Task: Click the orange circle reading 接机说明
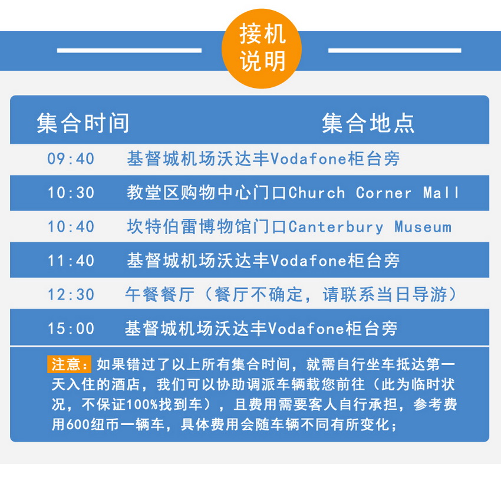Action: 261,48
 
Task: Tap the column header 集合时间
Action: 83,123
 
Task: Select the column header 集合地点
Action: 368,123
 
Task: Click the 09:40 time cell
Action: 71,159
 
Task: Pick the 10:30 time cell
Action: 71,193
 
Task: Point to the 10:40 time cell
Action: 71,227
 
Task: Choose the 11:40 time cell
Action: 71,261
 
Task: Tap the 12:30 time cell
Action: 71,295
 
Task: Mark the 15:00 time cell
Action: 71,328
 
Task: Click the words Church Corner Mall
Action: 374,193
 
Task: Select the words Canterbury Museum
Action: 370,227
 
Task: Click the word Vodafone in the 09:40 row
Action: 309,159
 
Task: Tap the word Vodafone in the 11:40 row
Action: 309,261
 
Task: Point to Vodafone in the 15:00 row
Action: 306,328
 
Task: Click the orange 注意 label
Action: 69,364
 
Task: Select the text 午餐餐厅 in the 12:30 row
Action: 160,295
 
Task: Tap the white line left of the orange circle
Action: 129,51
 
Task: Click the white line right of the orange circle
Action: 394,51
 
